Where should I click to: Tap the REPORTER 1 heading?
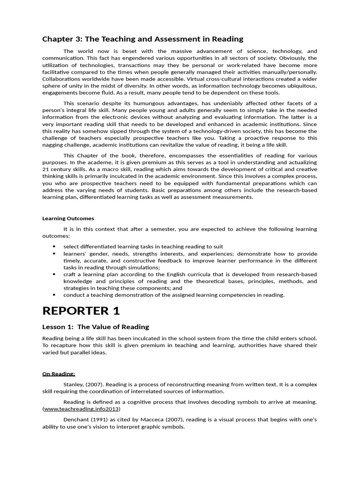pyautogui.click(x=81, y=311)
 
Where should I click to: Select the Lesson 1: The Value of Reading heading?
pyautogui.click(x=96, y=327)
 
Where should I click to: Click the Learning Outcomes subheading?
pyautogui.click(x=68, y=218)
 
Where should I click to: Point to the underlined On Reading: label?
pyautogui.click(x=59, y=374)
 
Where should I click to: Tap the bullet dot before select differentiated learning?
pyautogui.click(x=54, y=247)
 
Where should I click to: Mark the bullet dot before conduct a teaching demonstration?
pyautogui.click(x=54, y=295)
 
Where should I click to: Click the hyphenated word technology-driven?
pyautogui.click(x=202, y=131)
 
